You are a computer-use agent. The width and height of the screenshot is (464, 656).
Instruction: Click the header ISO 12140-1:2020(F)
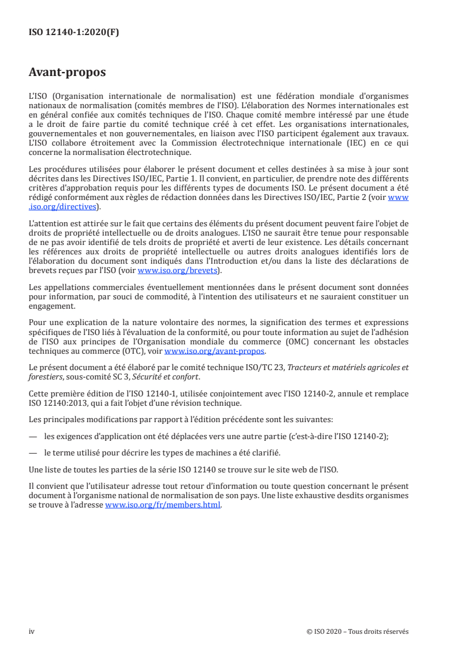[x=74, y=33]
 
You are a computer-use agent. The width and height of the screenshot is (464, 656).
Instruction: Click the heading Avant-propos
[x=67, y=72]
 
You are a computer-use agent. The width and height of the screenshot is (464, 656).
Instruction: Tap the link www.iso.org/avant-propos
[x=215, y=351]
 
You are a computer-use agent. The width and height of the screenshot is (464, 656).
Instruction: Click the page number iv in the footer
[x=32, y=631]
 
